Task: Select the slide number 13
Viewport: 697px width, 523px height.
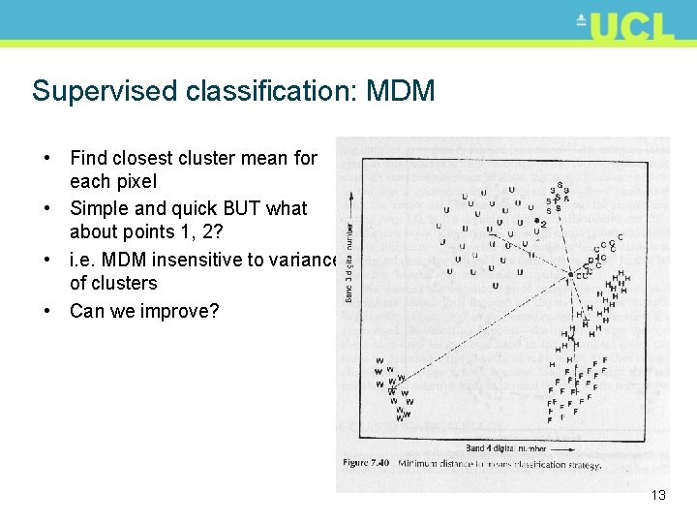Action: [658, 495]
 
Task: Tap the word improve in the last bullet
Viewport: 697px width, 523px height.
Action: [178, 311]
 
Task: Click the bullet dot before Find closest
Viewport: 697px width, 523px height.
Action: [45, 158]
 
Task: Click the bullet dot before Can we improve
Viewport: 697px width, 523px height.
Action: [45, 311]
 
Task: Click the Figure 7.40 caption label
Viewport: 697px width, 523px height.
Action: [366, 464]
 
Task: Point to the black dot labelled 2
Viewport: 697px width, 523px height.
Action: [536, 222]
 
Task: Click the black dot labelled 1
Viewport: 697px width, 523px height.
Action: [571, 275]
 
